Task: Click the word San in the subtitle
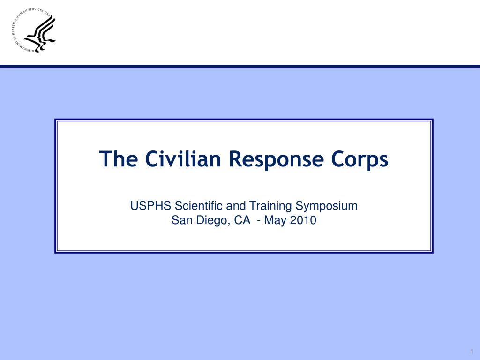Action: tap(180, 220)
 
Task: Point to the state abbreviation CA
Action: tap(242, 220)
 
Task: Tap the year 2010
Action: tap(303, 220)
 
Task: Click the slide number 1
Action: tap(472, 352)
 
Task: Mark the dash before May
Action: tap(259, 220)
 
